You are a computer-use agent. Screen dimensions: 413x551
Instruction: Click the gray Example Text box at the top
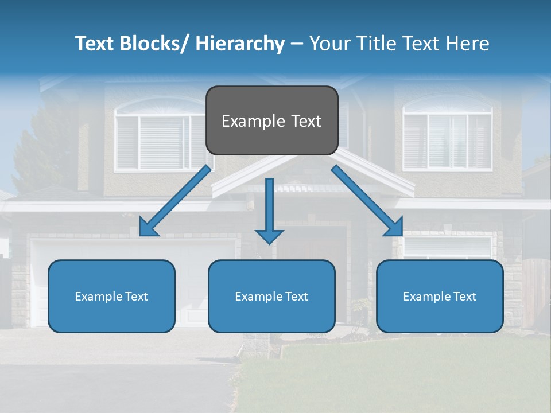coord(271,120)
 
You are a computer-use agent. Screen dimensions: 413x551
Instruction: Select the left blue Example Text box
coord(111,296)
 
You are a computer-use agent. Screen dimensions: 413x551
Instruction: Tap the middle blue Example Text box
coord(271,296)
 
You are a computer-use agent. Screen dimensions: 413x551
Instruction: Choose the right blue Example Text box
coord(440,296)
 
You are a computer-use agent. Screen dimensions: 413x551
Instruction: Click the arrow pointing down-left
coord(174,201)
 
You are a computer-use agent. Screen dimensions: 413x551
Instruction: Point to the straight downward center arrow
coord(269,206)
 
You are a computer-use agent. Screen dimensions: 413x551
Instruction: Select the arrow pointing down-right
coord(367,201)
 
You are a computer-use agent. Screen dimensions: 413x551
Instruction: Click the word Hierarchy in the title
coord(240,44)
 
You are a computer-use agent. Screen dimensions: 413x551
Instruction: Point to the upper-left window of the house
coord(152,138)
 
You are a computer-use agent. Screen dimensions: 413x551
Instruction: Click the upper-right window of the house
coord(447,138)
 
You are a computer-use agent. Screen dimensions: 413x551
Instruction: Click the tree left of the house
coord(40,149)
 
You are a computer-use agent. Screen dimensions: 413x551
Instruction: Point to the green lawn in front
coord(402,373)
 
